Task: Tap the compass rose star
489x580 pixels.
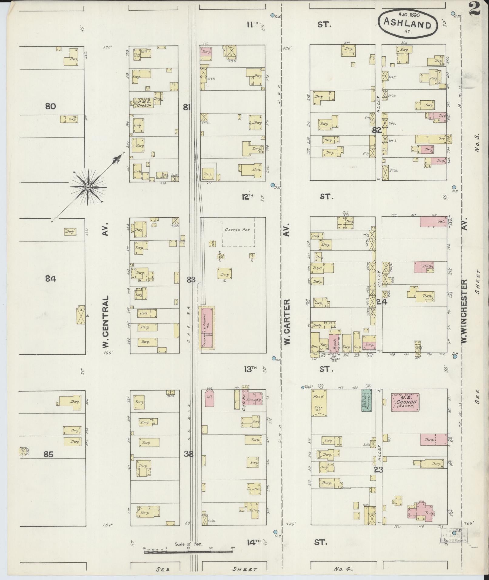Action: click(x=87, y=187)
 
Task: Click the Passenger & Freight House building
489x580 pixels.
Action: click(x=207, y=328)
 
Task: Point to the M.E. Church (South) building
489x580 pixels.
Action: click(x=405, y=402)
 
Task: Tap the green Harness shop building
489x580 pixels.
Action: click(x=367, y=400)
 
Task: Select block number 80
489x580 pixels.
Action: click(x=50, y=106)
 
